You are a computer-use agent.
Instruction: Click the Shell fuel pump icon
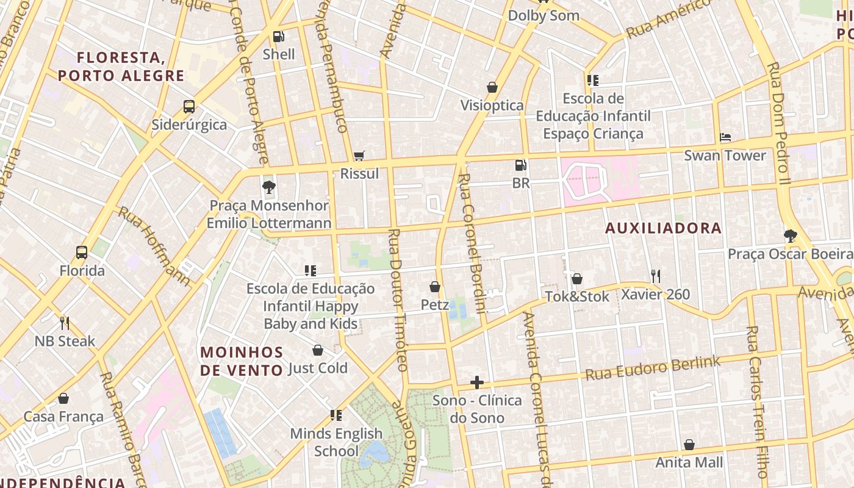click(278, 37)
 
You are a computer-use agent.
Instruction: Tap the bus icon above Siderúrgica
click(189, 107)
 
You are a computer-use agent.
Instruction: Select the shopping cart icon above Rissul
click(359, 156)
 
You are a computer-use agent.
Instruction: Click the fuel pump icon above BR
click(520, 165)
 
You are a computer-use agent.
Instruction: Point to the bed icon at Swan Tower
click(725, 137)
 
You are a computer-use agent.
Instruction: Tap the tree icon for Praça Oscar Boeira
click(790, 235)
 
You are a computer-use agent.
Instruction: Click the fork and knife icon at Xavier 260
click(655, 276)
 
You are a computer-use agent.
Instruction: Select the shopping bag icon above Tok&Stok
click(576, 279)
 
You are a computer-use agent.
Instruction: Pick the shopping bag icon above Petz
click(435, 286)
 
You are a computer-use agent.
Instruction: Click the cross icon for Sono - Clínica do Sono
click(477, 382)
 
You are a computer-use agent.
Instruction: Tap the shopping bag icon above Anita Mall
click(689, 445)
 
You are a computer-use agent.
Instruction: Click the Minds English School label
click(336, 442)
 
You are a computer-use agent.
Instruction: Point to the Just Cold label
click(317, 368)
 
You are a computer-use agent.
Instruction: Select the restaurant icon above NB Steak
click(65, 323)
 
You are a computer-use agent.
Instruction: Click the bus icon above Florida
click(81, 252)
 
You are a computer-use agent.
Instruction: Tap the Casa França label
click(63, 417)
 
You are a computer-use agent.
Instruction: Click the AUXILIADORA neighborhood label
click(663, 228)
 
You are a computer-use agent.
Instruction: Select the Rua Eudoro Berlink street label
click(653, 368)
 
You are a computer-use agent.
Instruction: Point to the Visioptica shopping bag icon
click(492, 87)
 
